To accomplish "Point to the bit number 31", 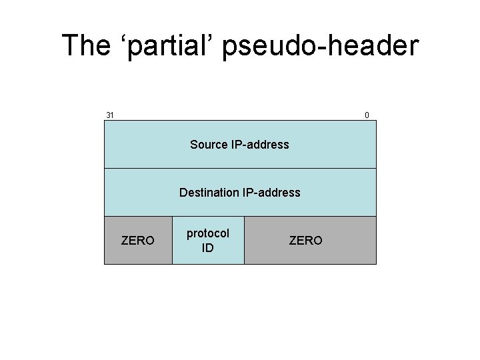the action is pyautogui.click(x=110, y=115).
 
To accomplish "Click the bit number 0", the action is pyautogui.click(x=367, y=115).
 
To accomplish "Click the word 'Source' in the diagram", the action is pyautogui.click(x=209, y=145).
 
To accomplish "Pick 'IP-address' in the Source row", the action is pyautogui.click(x=260, y=145).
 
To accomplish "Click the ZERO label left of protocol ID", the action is pyautogui.click(x=137, y=241).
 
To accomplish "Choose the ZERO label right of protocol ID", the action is pyautogui.click(x=305, y=241).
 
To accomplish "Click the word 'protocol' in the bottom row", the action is pyautogui.click(x=208, y=233).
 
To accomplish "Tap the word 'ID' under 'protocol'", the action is pyautogui.click(x=208, y=248).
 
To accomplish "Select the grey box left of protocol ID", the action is pyautogui.click(x=137, y=257).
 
